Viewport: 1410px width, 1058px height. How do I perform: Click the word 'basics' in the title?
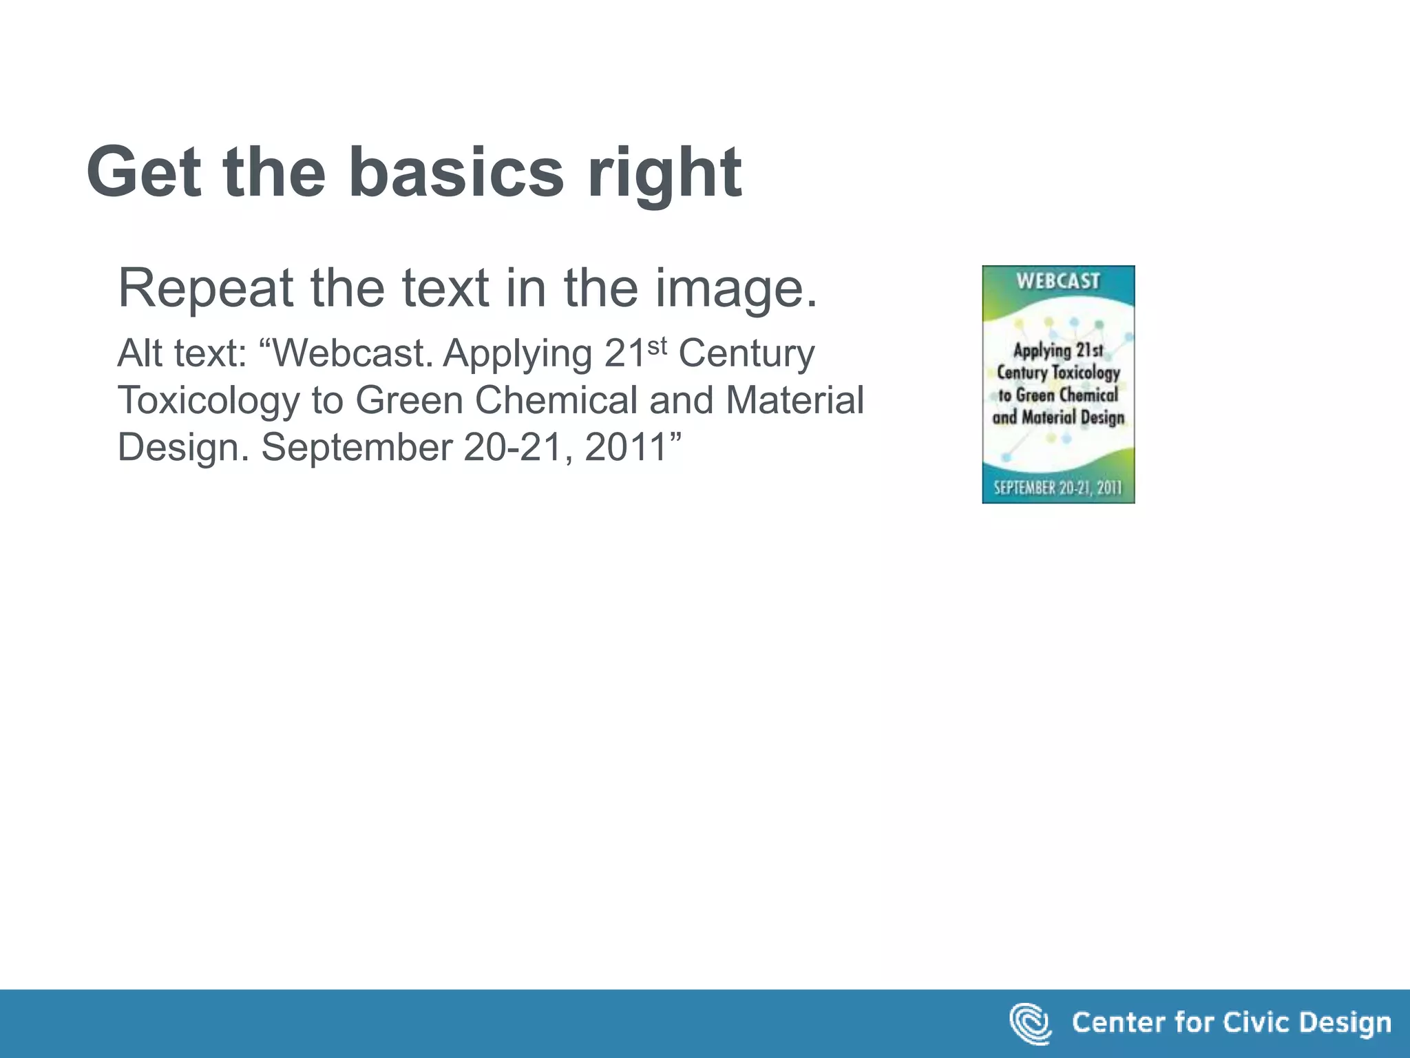point(456,172)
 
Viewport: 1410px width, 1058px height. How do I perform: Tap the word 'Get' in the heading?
point(143,172)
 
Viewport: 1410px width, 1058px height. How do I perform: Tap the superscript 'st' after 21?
point(657,346)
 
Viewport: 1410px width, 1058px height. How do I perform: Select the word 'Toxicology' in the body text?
point(209,402)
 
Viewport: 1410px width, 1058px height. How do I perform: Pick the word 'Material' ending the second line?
point(795,400)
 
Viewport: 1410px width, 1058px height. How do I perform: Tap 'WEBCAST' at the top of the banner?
point(1058,281)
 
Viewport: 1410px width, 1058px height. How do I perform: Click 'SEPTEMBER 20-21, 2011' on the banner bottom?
point(1057,488)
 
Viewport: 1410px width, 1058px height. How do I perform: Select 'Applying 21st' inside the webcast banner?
point(1058,351)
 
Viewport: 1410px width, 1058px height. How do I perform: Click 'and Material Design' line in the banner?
point(1058,417)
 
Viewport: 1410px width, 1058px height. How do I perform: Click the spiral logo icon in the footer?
point(1030,1024)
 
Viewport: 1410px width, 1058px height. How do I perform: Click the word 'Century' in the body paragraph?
point(746,355)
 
